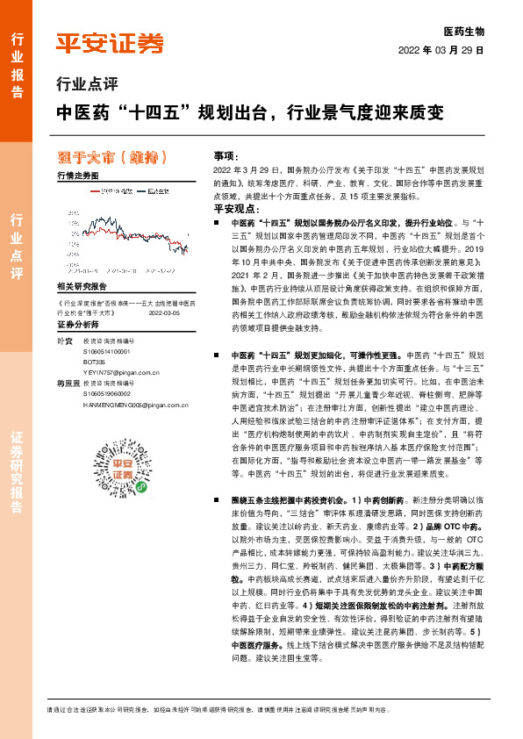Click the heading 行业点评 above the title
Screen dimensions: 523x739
tap(86, 85)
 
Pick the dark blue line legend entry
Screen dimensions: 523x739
tap(154, 190)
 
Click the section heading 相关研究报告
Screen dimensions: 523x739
tap(81, 287)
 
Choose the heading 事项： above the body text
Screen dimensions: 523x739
tap(226, 155)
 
